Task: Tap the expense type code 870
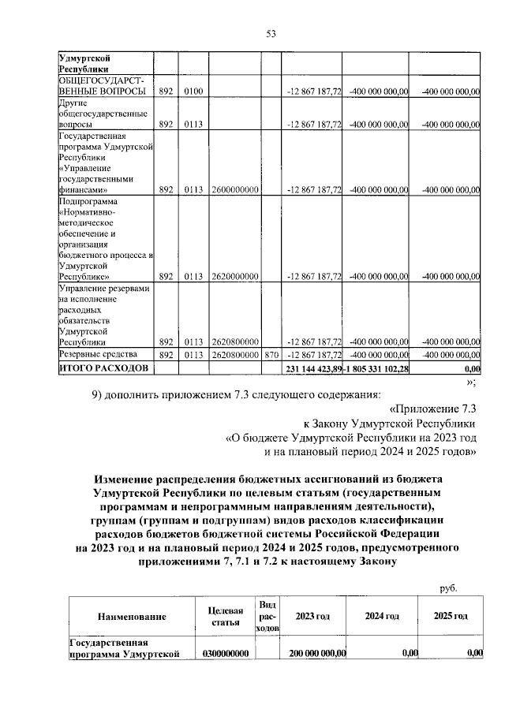(x=272, y=355)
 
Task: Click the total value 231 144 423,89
(x=313, y=368)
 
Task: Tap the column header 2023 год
(x=313, y=616)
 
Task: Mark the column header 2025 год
(x=451, y=616)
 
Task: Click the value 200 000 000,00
(x=317, y=653)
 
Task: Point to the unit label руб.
(x=448, y=588)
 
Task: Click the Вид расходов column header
(x=267, y=616)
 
